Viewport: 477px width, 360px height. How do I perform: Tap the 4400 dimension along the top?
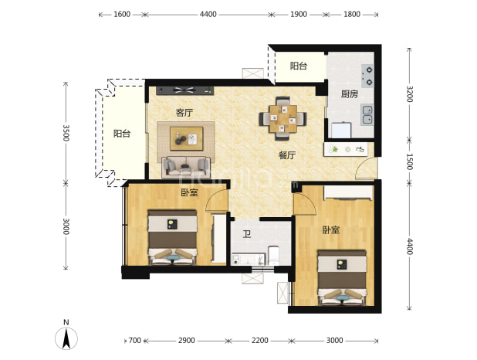[x=208, y=15]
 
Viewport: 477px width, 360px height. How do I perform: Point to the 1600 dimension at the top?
[x=122, y=15]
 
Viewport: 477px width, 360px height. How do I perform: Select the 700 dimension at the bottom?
[x=135, y=340]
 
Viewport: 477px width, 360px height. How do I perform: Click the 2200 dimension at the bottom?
[x=260, y=340]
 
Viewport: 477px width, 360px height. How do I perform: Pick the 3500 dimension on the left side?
[x=66, y=133]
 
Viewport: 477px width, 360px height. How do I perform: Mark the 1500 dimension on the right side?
[x=410, y=161]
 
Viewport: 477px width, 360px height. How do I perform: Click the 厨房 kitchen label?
[x=349, y=94]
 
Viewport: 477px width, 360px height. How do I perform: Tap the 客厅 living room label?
[x=184, y=113]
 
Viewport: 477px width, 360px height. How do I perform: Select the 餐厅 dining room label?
[x=287, y=155]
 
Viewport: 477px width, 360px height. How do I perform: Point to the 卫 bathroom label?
[x=247, y=234]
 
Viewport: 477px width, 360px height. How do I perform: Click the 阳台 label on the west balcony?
[x=122, y=134]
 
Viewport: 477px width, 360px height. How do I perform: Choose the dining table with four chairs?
[x=283, y=118]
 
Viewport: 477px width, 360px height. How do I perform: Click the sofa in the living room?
[x=186, y=167]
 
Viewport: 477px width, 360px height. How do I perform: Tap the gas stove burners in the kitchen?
[x=367, y=76]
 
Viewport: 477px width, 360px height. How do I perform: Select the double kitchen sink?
[x=367, y=114]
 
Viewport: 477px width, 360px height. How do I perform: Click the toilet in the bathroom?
[x=274, y=255]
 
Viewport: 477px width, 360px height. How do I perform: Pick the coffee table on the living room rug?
[x=187, y=138]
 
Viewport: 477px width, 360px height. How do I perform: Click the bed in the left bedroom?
[x=172, y=237]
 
